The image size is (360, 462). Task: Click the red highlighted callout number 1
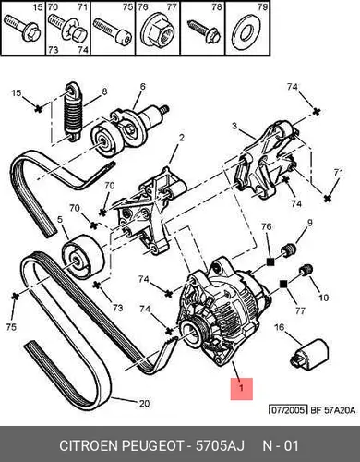pos(242,388)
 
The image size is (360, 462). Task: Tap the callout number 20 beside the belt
pos(145,403)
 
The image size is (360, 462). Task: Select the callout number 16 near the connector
pos(280,327)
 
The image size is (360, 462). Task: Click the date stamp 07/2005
pos(288,410)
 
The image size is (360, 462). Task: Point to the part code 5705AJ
pos(220,445)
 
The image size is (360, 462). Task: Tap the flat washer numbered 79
pos(246,31)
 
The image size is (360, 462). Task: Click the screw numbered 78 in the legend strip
pos(204,30)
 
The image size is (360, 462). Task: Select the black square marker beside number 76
pos(270,261)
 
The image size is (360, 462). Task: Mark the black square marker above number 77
pos(283,284)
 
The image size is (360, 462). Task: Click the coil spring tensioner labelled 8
pos(74,113)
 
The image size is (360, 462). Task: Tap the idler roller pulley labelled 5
pos(83,257)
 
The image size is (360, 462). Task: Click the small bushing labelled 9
pos(289,249)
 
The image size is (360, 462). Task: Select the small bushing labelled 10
pos(306,270)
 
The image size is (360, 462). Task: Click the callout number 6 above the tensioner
pos(142,86)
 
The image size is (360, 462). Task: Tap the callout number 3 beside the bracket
pos(234,126)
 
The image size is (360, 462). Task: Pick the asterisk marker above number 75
pos(15,297)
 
